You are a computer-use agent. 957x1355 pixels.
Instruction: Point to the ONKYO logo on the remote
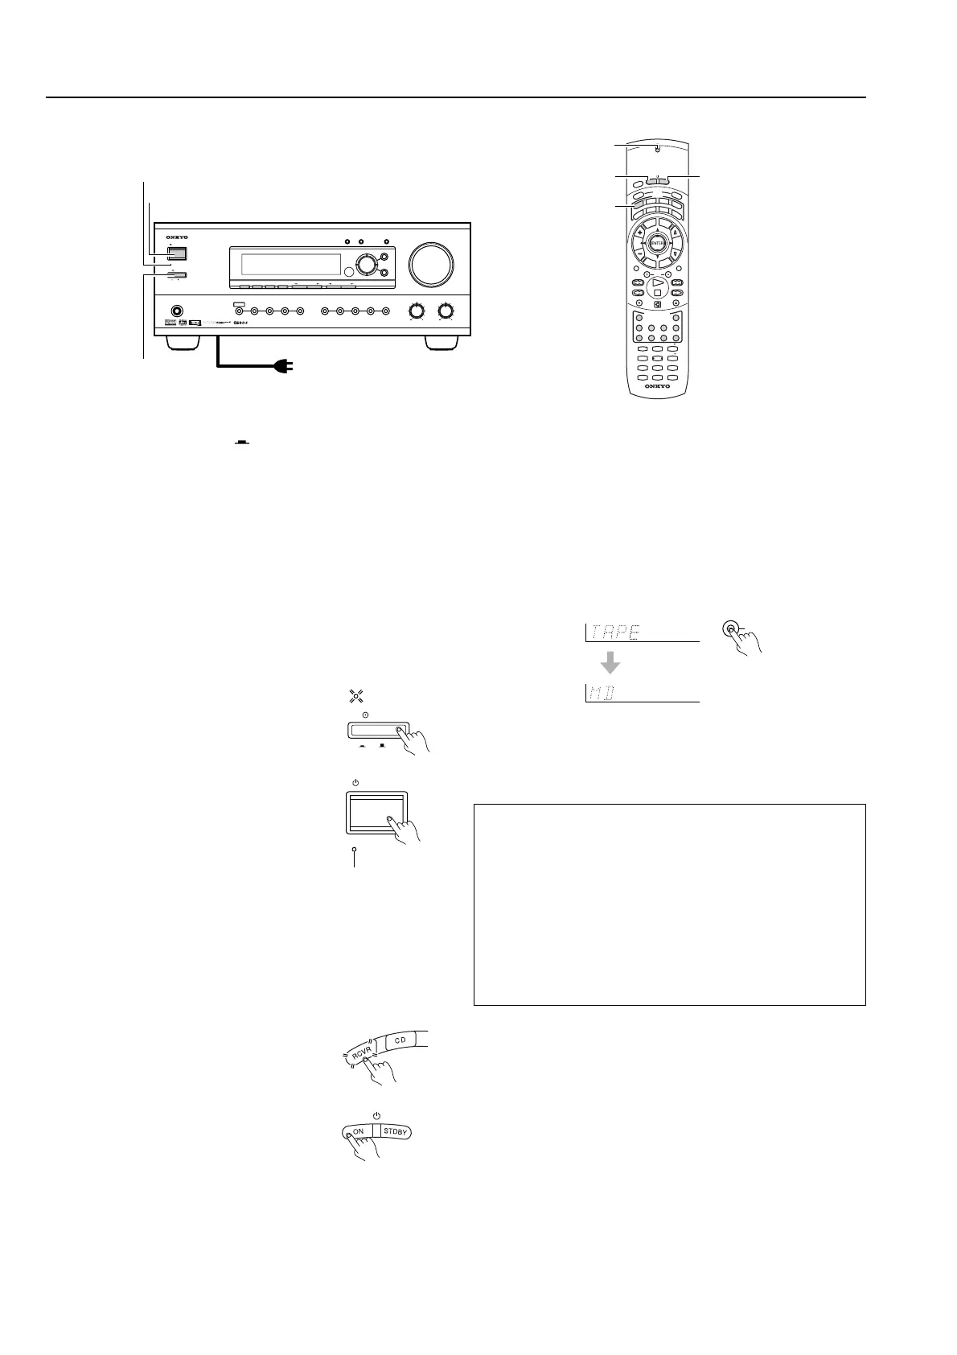(657, 386)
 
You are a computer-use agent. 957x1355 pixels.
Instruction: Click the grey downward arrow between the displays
(610, 662)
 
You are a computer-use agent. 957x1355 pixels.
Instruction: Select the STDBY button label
(398, 1131)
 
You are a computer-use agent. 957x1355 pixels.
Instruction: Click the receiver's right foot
(441, 343)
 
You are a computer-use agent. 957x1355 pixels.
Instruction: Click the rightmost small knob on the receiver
(445, 311)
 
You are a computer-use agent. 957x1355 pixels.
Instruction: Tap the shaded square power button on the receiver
(178, 252)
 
